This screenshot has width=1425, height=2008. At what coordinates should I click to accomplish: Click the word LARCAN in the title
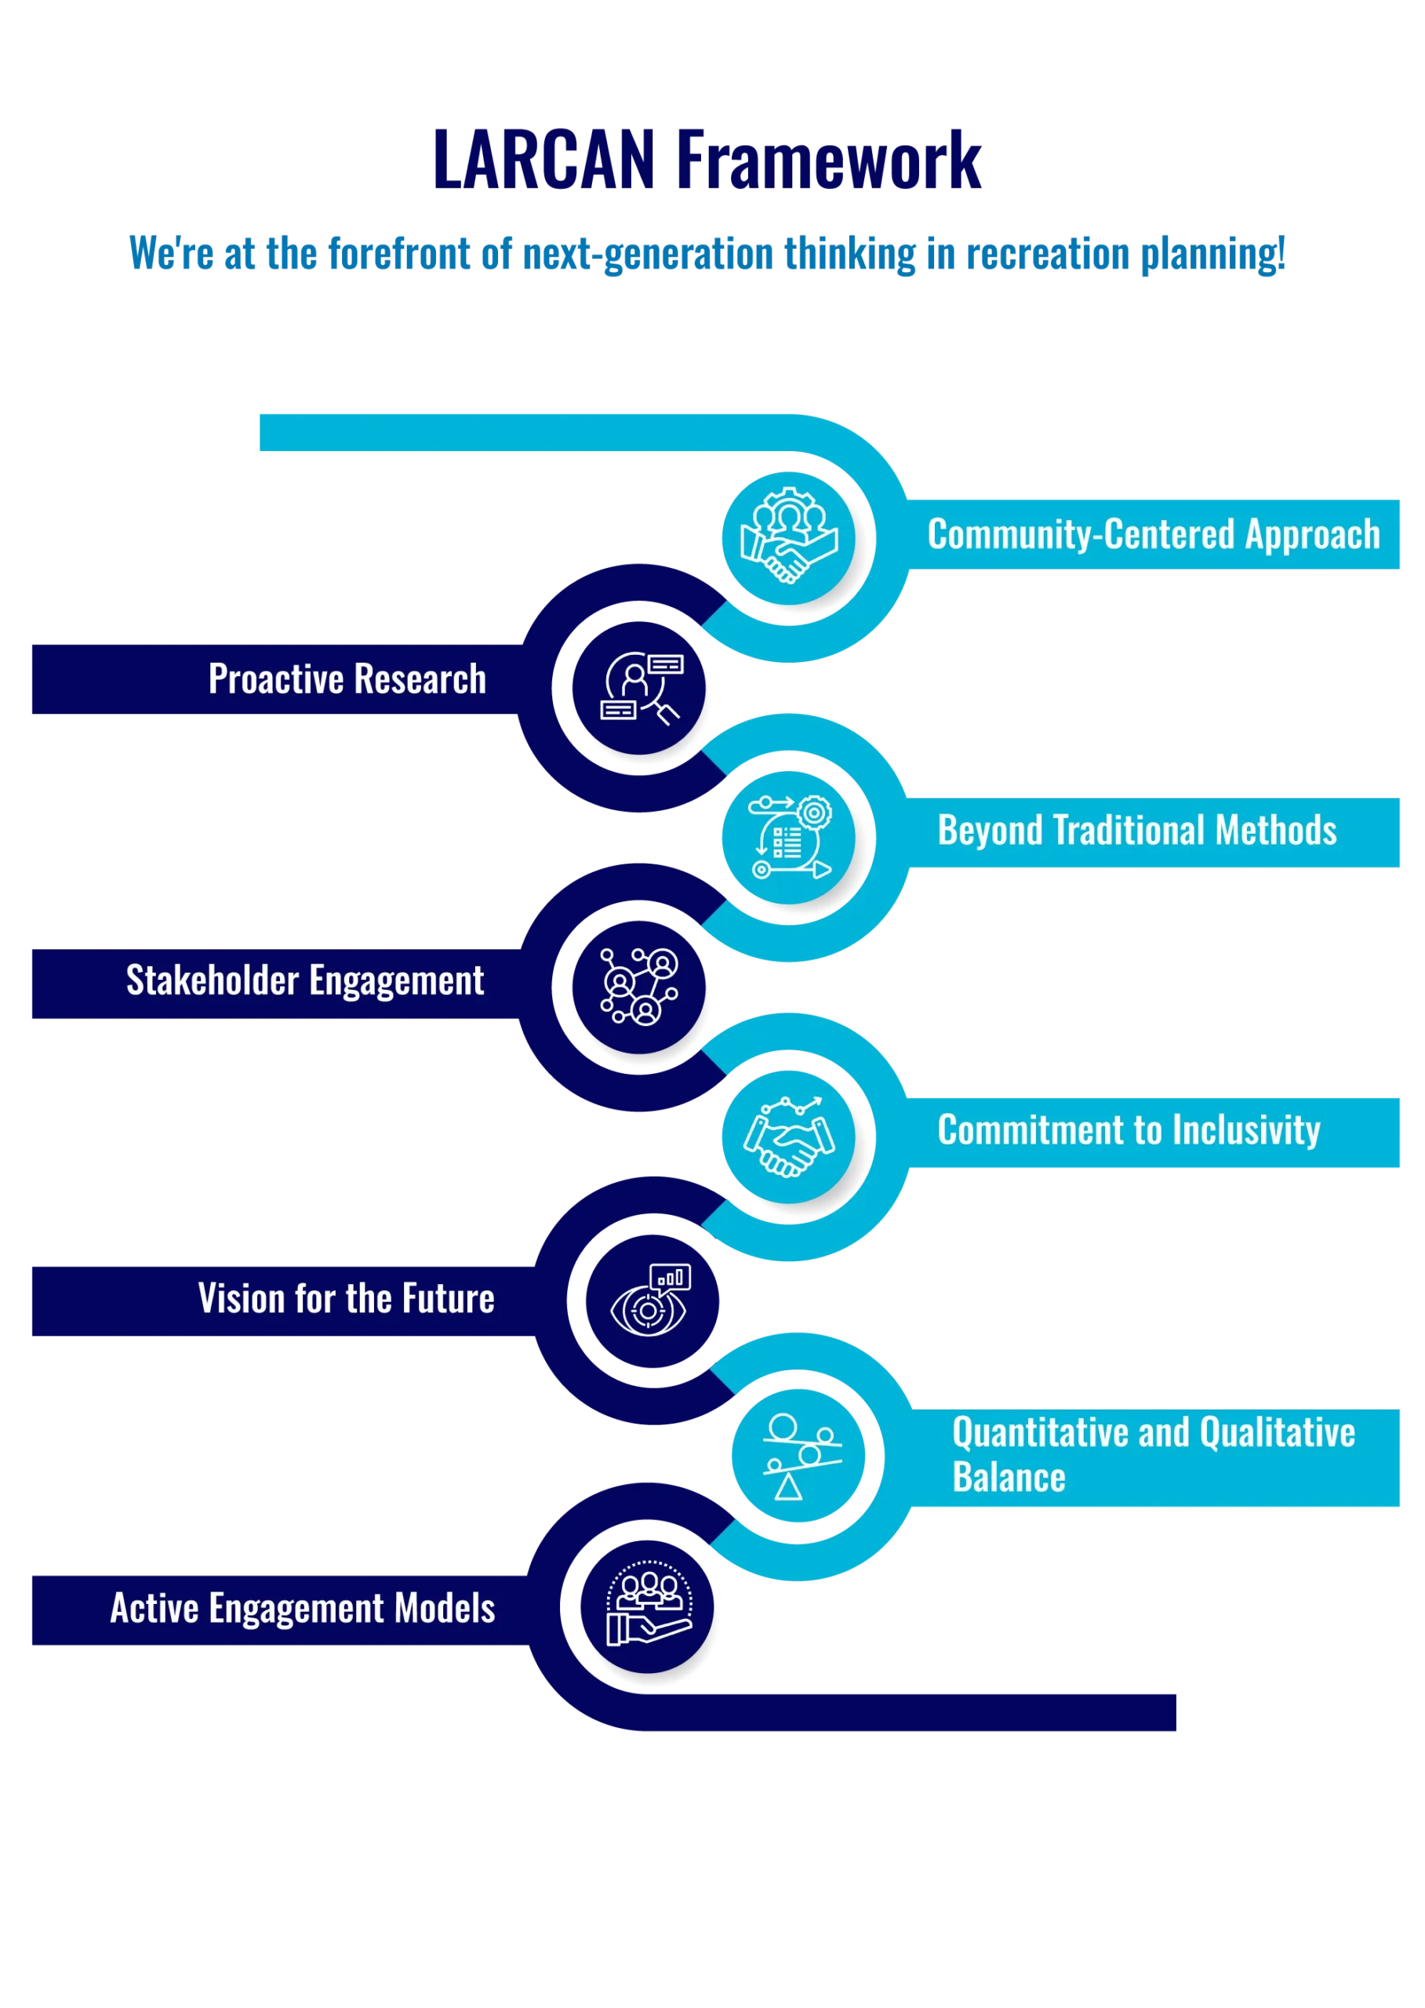coord(544,160)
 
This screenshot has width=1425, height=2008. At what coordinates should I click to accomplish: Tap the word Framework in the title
coord(828,160)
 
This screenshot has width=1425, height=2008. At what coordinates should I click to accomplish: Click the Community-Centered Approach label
coord(1154,534)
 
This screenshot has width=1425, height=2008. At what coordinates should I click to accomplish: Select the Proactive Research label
coord(347,678)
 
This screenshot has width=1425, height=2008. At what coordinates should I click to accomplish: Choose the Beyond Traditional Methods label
coord(1137,830)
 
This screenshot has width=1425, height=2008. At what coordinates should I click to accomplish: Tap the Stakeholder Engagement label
coord(305,980)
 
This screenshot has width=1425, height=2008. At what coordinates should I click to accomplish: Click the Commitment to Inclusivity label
coord(1129,1130)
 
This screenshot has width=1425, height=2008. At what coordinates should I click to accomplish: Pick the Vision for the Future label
coord(347,1299)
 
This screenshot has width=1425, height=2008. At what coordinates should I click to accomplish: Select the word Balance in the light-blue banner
coord(1009,1478)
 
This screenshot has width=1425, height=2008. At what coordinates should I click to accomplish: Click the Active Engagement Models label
coord(303,1609)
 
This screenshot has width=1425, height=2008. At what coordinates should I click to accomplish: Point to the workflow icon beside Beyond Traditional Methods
coord(790,837)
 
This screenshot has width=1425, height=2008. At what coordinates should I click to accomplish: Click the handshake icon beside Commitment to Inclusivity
coord(789,1137)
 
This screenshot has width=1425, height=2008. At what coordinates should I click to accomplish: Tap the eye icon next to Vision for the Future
coord(651,1300)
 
